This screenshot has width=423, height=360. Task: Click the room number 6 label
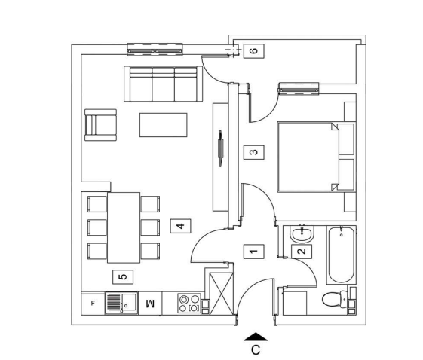click(x=254, y=51)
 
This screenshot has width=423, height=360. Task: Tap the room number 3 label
click(x=254, y=153)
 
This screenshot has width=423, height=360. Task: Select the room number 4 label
click(x=180, y=226)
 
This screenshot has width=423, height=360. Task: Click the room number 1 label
click(x=254, y=252)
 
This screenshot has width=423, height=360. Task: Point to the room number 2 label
click(x=302, y=252)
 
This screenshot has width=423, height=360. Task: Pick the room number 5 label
click(x=123, y=276)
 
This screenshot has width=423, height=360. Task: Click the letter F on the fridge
click(x=93, y=304)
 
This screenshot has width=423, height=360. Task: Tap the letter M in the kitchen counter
click(x=150, y=304)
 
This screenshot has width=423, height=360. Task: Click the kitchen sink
click(x=121, y=303)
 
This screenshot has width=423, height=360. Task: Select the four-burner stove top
click(x=189, y=304)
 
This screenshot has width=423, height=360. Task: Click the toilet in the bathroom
click(x=335, y=299)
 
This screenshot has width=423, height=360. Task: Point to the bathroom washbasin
click(x=302, y=234)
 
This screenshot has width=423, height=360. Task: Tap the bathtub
click(x=342, y=255)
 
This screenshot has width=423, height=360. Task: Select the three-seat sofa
click(x=163, y=84)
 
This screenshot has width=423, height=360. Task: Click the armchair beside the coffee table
click(x=100, y=125)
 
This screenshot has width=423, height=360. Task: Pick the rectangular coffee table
click(x=163, y=125)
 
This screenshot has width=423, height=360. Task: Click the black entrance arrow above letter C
click(x=256, y=337)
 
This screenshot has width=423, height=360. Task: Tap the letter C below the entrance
click(x=256, y=350)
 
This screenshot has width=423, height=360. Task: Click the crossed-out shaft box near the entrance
click(x=221, y=294)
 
